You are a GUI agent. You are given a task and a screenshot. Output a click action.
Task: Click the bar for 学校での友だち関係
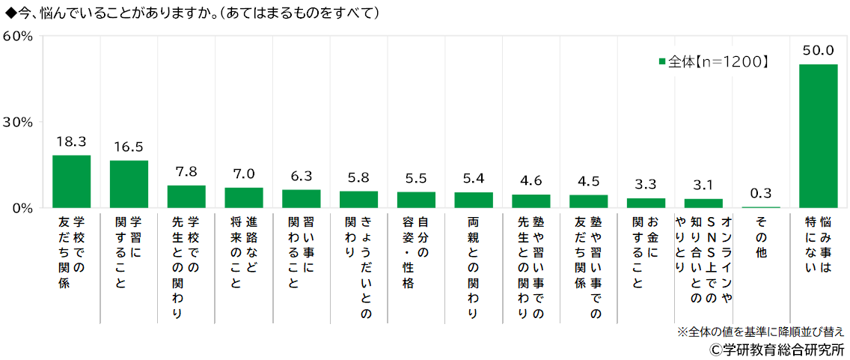point(71,182)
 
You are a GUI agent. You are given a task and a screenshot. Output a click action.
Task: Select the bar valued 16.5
point(129,184)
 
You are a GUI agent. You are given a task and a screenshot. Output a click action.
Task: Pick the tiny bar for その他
point(761,207)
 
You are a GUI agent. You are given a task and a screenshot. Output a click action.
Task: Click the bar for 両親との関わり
point(474,200)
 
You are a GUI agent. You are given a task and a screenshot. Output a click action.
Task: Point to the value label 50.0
point(818,51)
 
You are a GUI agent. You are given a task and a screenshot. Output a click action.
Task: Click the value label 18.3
point(71,141)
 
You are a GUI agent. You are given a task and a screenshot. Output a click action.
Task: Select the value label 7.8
point(186,171)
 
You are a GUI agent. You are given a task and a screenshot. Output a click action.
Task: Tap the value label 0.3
point(761,193)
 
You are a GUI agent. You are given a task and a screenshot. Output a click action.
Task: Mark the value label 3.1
point(703,185)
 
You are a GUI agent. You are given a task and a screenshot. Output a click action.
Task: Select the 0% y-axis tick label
point(22,208)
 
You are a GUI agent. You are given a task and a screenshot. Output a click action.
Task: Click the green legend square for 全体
point(661,62)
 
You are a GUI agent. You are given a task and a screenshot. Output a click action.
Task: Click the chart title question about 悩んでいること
point(191,13)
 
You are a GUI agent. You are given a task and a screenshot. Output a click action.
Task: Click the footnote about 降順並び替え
point(761,332)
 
